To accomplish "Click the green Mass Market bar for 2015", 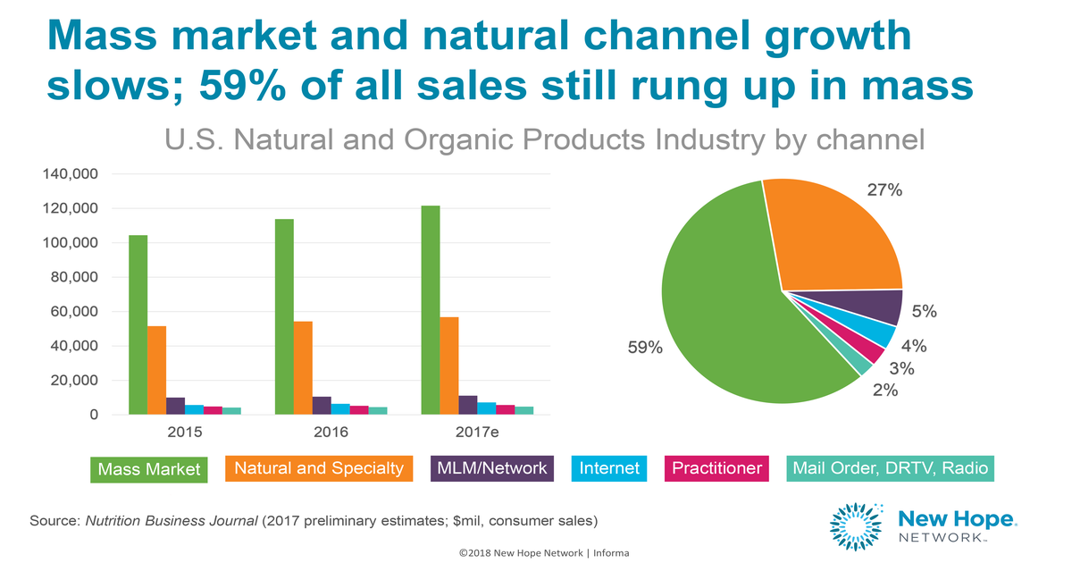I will pos(138,325).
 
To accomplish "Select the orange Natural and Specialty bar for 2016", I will pos(303,367).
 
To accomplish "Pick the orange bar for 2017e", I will pos(449,366).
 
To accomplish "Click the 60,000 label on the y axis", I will pos(71,312).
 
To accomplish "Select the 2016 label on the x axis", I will pos(331,433).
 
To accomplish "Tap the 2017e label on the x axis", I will pos(477,433).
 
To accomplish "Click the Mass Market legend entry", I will pos(149,469).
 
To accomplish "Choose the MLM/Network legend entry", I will pos(491,468).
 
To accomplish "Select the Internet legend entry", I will pos(609,468).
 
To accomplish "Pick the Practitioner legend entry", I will pos(716,468).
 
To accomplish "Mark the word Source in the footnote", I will pos(54,520).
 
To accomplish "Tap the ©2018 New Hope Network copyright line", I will pos(544,553).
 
